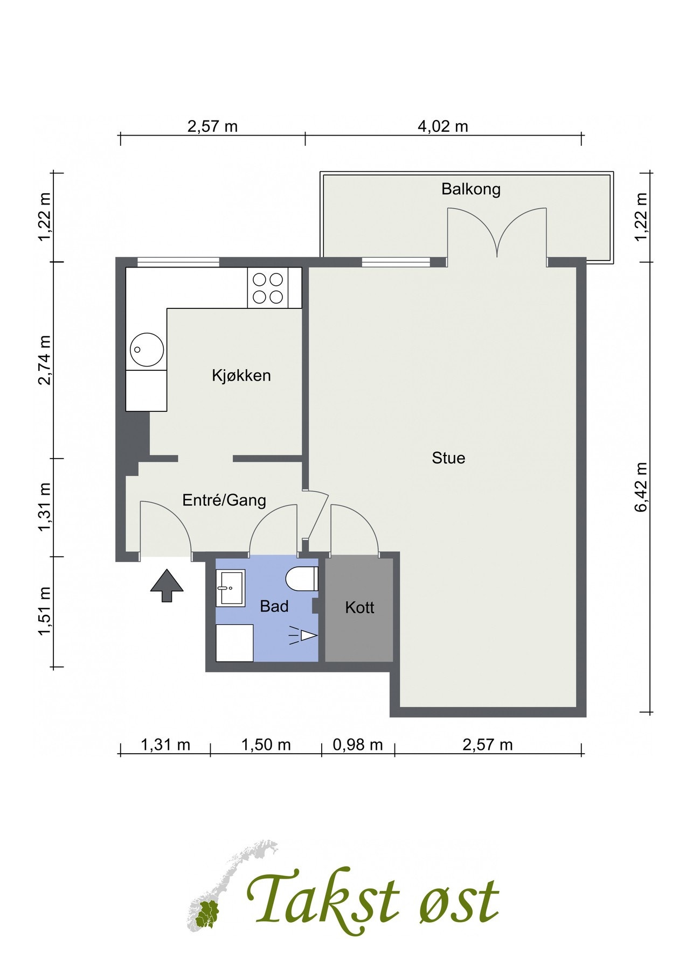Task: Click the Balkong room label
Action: [x=471, y=189]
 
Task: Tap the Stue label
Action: [x=448, y=458]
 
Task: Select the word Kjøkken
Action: [x=241, y=375]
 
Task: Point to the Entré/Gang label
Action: [x=224, y=500]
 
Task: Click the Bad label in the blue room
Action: [x=274, y=607]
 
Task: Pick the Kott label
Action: [x=359, y=608]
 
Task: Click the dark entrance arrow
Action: [x=167, y=585]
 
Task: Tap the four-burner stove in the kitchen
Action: [x=268, y=288]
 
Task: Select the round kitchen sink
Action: [x=147, y=349]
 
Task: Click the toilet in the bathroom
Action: [x=302, y=579]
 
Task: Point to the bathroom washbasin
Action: [x=231, y=587]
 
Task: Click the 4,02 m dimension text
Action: [x=443, y=127]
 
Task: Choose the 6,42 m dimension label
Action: [x=641, y=488]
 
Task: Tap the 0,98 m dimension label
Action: [x=358, y=745]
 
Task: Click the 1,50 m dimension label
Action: [x=266, y=745]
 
